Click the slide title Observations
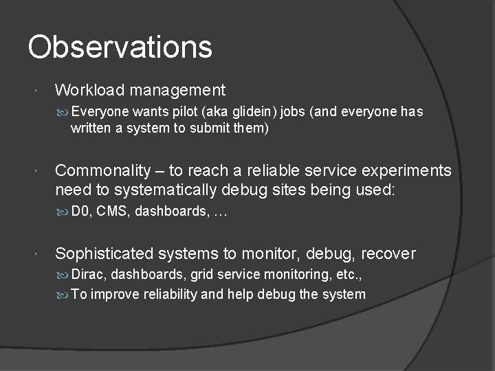tap(120, 47)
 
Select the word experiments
tap(409, 170)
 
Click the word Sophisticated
tap(104, 254)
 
